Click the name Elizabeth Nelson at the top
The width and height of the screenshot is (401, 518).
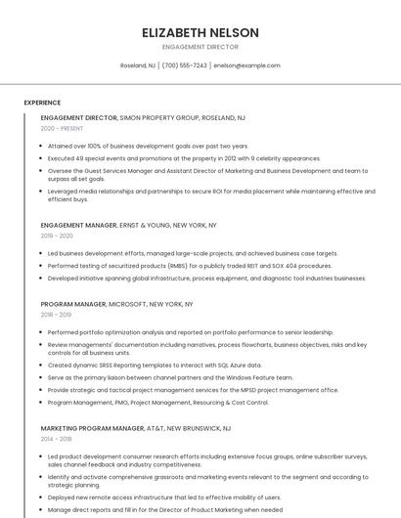(x=200, y=31)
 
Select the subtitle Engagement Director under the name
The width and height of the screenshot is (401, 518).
(x=200, y=46)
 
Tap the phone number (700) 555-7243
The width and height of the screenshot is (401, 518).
(x=184, y=65)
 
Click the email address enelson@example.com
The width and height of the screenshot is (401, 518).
(x=246, y=65)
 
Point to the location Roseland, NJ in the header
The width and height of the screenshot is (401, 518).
(x=137, y=65)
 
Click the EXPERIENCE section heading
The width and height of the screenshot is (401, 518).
(x=42, y=102)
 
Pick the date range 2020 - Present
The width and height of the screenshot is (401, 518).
(x=63, y=128)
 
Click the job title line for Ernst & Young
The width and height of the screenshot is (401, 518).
(x=128, y=225)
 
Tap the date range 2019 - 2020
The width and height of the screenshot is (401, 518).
(x=57, y=236)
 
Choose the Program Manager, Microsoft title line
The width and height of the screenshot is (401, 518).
(x=117, y=304)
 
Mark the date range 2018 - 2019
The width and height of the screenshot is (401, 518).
(x=57, y=315)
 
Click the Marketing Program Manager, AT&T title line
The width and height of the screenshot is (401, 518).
(x=136, y=428)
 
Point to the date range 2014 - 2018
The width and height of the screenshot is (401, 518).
(x=57, y=439)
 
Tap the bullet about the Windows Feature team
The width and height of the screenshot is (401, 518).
(x=170, y=377)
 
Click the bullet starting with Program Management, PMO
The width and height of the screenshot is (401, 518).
(x=157, y=402)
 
